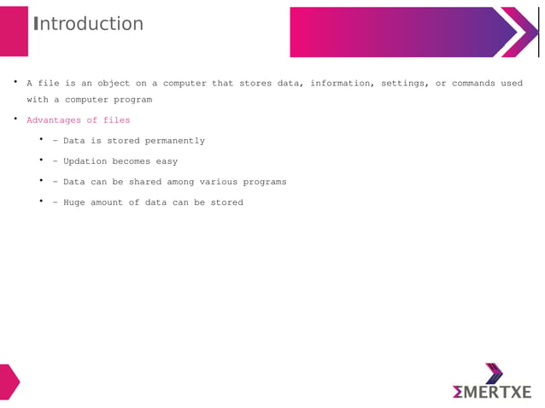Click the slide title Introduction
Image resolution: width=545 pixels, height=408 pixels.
tap(88, 24)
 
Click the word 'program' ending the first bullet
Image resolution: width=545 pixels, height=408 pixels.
tap(135, 99)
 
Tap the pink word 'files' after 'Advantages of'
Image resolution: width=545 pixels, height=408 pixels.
tap(116, 120)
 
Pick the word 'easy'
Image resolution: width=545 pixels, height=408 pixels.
tap(166, 161)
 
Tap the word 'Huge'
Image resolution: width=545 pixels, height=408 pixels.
tap(75, 202)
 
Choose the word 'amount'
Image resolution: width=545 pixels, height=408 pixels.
tap(110, 202)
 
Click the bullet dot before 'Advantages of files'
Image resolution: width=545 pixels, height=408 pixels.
tap(15, 119)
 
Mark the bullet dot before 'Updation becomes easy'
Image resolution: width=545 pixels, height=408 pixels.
tap(41, 160)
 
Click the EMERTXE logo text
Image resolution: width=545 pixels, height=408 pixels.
tap(492, 392)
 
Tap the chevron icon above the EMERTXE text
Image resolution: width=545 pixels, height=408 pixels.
tap(494, 373)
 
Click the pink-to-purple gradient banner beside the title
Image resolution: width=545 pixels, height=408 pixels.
tap(401, 32)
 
